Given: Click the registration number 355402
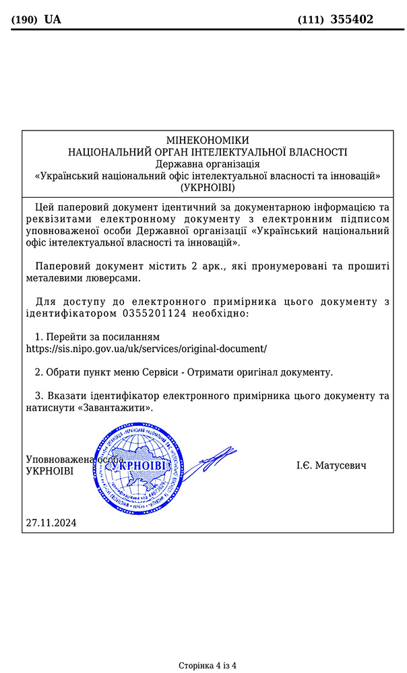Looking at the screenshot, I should pyautogui.click(x=352, y=20).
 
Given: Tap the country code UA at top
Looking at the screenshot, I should pyautogui.click(x=53, y=20).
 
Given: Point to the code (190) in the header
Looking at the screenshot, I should pyautogui.click(x=25, y=20).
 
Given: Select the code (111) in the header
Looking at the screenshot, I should pyautogui.click(x=311, y=20).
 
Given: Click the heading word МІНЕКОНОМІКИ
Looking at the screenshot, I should pyautogui.click(x=208, y=140).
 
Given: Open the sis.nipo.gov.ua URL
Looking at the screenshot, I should pyautogui.click(x=146, y=349).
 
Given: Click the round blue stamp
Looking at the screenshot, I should pyautogui.click(x=140, y=467).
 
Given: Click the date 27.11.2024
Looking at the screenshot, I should pyautogui.click(x=51, y=522).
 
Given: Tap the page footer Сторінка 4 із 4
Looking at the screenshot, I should pyautogui.click(x=208, y=666).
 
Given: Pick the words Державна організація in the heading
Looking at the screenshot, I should pyautogui.click(x=208, y=164).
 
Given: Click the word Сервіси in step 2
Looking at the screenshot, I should pyautogui.click(x=160, y=371).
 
